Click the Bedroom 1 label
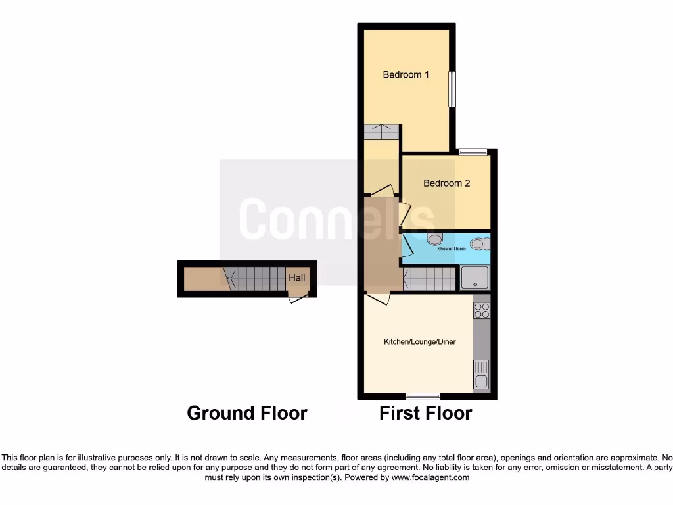[x=406, y=74]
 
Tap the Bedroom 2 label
[x=446, y=183]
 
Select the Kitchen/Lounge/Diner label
[x=420, y=342]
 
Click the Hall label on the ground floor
[x=297, y=278]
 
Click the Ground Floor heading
[x=247, y=413]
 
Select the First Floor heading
[x=425, y=413]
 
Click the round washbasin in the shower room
[x=434, y=239]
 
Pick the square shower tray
[x=475, y=277]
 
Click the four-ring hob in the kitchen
[x=482, y=310]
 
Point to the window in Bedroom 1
[x=452, y=89]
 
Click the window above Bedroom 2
[x=473, y=152]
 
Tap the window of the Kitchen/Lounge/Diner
[x=423, y=396]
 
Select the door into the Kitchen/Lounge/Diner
[x=379, y=298]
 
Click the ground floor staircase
[x=257, y=279]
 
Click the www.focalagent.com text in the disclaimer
[x=431, y=477]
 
